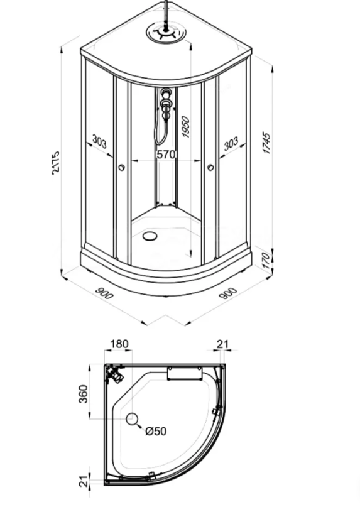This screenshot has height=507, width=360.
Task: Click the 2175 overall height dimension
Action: (x=56, y=163)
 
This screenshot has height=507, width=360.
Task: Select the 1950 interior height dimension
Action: (x=186, y=127)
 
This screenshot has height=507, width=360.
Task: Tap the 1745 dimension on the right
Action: (x=267, y=143)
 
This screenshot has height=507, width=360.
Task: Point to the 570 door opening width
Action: (x=166, y=155)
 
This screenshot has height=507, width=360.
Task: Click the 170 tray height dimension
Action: (x=266, y=261)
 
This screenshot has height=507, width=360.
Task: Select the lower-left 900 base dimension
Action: (x=104, y=293)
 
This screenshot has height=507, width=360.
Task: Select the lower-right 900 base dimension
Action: (x=228, y=293)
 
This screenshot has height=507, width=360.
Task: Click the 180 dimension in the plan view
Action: (x=119, y=344)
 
